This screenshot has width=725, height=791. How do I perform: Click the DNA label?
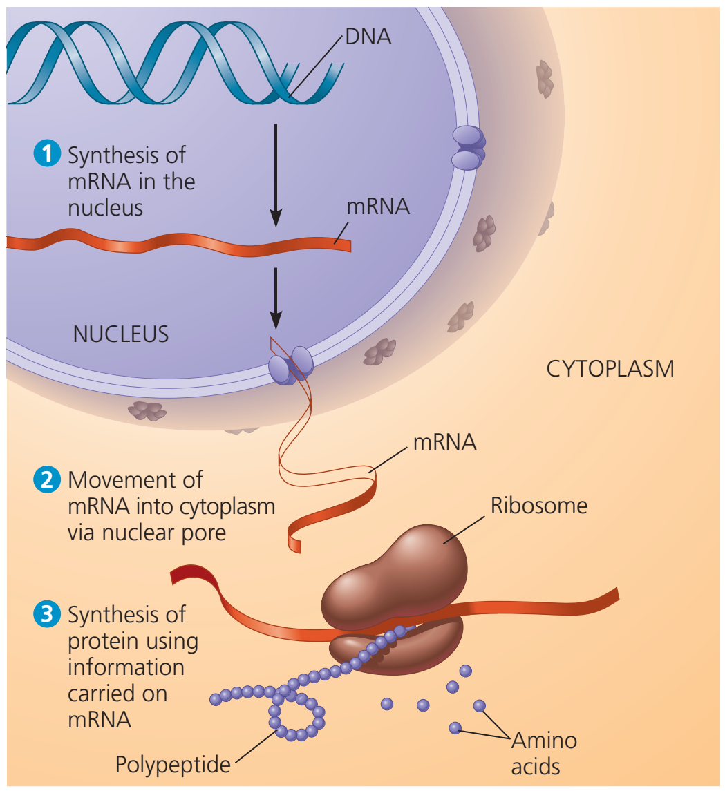pyautogui.click(x=368, y=37)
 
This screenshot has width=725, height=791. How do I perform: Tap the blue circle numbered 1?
pyautogui.click(x=47, y=153)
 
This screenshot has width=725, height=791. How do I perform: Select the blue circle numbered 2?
pyautogui.click(x=47, y=479)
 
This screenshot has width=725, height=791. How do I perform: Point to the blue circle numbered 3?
pyautogui.click(x=47, y=614)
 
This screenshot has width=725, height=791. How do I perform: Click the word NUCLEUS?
pyautogui.click(x=121, y=334)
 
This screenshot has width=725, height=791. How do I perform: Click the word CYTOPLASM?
pyautogui.click(x=610, y=369)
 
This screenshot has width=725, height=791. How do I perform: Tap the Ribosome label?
pyautogui.click(x=539, y=506)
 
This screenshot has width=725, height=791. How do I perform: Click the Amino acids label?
pyautogui.click(x=543, y=754)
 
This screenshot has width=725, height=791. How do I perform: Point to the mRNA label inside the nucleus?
pyautogui.click(x=378, y=207)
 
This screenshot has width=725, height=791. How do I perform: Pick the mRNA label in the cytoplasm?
pyautogui.click(x=444, y=442)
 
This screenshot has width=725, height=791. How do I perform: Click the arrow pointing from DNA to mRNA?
pyautogui.click(x=276, y=175)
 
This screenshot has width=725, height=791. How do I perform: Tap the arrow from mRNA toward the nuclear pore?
pyautogui.click(x=276, y=298)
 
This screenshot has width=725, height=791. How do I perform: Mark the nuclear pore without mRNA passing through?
pyautogui.click(x=468, y=147)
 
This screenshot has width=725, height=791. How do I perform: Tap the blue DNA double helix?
pyautogui.click(x=174, y=63)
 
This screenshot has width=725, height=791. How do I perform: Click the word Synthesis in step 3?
pyautogui.click(x=126, y=615)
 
